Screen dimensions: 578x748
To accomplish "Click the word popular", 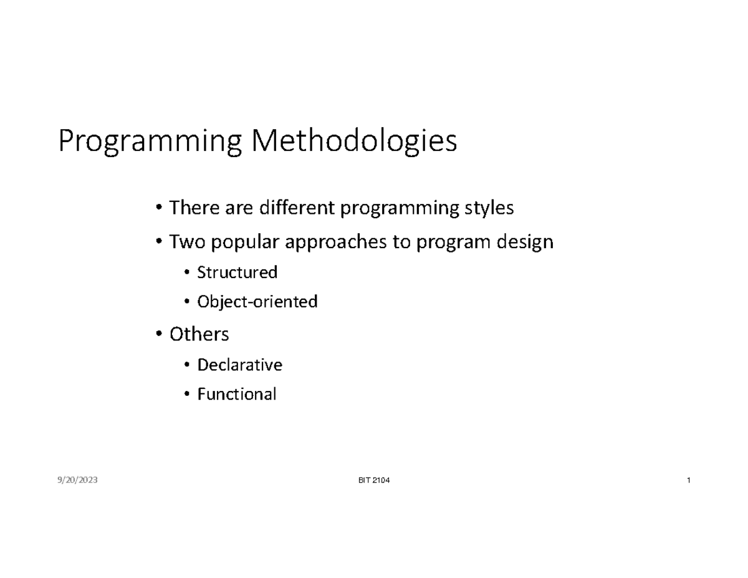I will [241, 243].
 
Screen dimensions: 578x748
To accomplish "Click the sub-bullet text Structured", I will [237, 272].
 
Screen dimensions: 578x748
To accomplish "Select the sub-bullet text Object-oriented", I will [257, 302].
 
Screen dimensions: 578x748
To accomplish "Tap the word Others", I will [199, 334].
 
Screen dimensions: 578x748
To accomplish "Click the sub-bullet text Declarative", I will [239, 365].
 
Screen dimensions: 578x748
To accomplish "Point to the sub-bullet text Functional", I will [236, 395].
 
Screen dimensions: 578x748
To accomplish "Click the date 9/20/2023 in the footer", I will [77, 480].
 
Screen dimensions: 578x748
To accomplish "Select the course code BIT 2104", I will [371, 480].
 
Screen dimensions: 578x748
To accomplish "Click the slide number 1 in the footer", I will [688, 480].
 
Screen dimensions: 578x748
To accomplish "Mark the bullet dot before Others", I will [160, 335].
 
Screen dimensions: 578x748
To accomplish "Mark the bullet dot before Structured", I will [187, 273].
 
